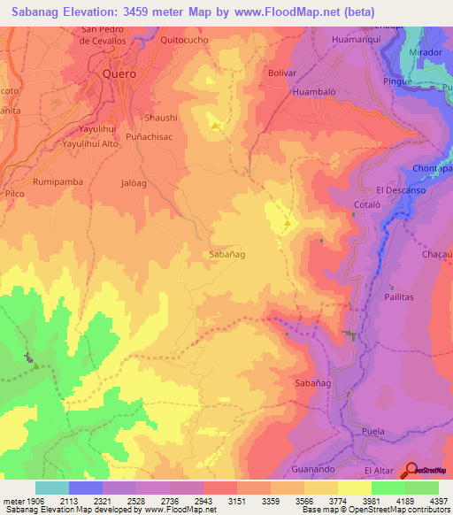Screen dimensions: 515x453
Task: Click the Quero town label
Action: [119, 74]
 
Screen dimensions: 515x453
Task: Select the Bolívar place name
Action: [280, 72]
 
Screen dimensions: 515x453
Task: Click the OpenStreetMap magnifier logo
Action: [411, 471]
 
